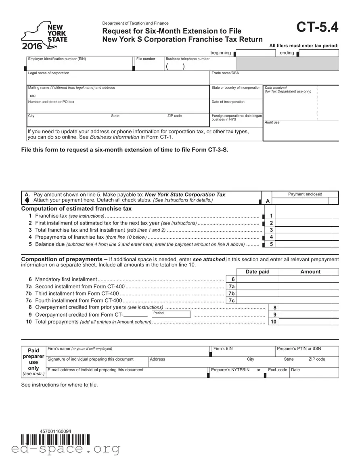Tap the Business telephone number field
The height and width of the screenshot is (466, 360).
point(200,66)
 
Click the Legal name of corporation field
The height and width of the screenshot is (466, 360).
point(117,80)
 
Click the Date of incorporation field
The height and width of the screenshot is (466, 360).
point(236,107)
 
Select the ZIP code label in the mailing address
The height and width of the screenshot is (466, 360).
point(174,116)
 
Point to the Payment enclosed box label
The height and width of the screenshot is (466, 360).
point(305,194)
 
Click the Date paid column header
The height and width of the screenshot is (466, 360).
point(257,272)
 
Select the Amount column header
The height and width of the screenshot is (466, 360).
point(310,272)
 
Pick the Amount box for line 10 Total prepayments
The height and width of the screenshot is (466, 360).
point(305,322)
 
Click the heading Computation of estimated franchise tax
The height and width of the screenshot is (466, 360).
point(76,209)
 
